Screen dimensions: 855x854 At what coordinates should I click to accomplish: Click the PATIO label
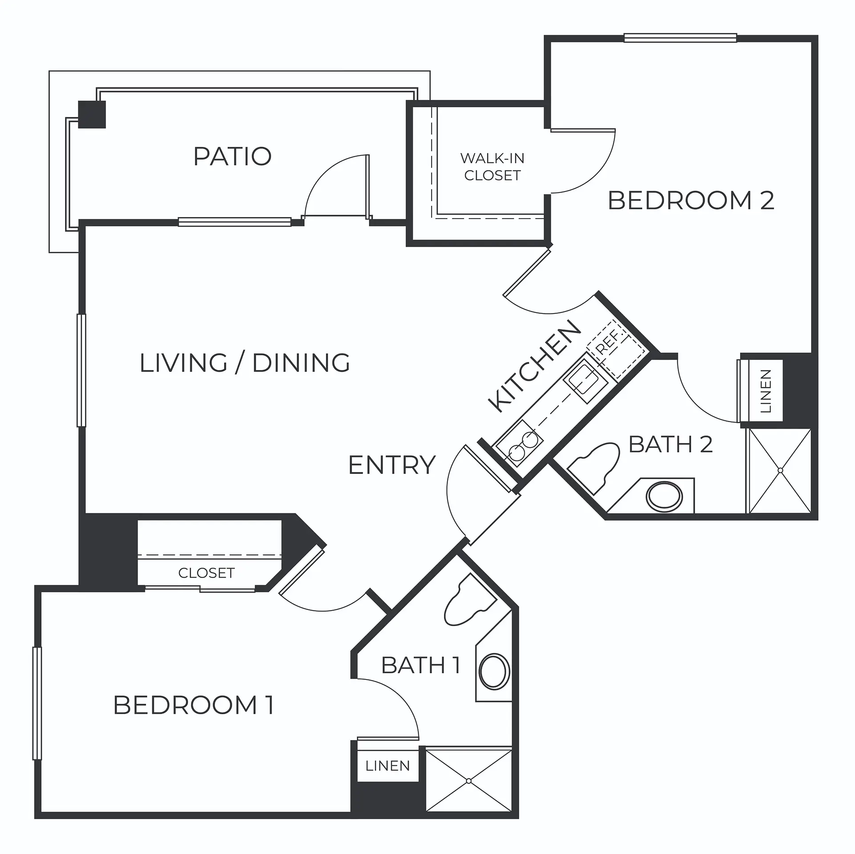tap(232, 156)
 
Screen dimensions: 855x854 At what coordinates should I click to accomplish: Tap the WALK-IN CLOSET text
tap(493, 167)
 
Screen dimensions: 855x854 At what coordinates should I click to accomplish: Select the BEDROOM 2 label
tap(691, 200)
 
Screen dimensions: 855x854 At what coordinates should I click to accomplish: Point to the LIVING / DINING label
tap(245, 362)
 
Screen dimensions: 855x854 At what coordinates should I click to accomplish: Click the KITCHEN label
tap(534, 366)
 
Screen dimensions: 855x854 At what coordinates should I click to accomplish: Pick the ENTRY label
tap(392, 465)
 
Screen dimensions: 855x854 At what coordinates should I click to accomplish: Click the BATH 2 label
tap(671, 444)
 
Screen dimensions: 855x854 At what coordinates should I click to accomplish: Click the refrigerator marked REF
tap(617, 349)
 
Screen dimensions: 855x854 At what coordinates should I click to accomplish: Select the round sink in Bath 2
tap(664, 495)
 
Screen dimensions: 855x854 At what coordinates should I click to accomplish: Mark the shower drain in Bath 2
tap(780, 470)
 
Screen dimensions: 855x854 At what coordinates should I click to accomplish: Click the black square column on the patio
tap(92, 114)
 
